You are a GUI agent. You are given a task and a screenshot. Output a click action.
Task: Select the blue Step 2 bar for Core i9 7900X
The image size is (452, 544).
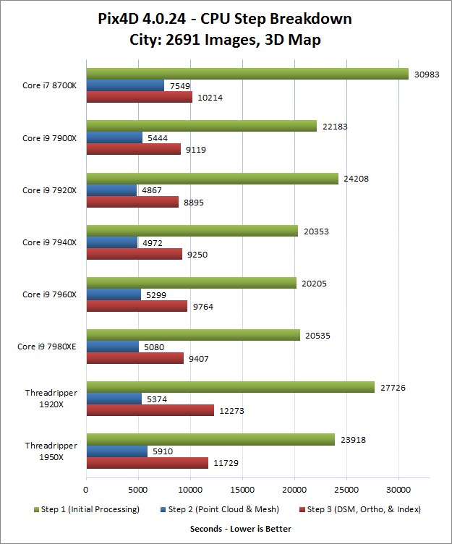[x=114, y=137]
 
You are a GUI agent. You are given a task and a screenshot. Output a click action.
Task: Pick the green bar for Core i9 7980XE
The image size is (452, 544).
[x=193, y=335]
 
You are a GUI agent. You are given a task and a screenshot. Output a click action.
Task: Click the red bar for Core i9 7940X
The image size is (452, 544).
[x=134, y=254]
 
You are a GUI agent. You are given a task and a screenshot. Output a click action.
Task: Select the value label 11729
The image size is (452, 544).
[x=227, y=463]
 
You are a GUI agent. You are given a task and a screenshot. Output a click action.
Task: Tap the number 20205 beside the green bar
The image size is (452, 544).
[x=315, y=283]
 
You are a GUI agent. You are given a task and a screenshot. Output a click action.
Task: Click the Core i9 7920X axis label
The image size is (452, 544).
[x=50, y=190]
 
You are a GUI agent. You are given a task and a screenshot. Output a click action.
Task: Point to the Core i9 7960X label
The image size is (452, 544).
[x=50, y=294]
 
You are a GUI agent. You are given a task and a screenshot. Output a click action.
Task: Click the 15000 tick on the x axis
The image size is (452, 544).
[x=242, y=489]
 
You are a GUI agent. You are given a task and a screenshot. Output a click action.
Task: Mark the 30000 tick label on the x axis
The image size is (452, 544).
[x=398, y=489]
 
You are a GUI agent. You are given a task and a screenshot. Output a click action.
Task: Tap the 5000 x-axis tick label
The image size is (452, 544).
[x=138, y=489]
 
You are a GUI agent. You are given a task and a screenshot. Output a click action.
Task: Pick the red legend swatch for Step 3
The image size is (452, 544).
[x=301, y=509]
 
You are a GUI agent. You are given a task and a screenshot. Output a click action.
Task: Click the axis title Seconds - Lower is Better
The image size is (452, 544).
[x=240, y=529]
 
